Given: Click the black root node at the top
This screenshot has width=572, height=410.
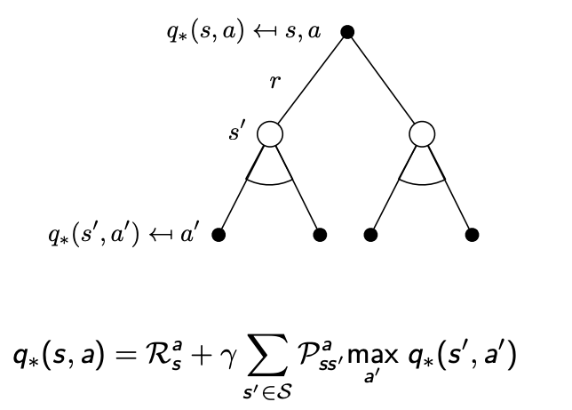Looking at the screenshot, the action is click(x=347, y=32).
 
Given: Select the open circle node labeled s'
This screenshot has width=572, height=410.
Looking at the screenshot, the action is click(x=270, y=134).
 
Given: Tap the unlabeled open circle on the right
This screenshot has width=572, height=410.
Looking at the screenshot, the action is click(x=423, y=134).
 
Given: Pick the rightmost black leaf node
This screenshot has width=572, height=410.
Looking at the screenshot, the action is click(x=473, y=235).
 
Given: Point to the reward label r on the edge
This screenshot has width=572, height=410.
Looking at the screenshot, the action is click(x=275, y=83).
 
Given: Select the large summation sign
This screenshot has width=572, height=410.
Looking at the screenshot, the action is click(x=273, y=356).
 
